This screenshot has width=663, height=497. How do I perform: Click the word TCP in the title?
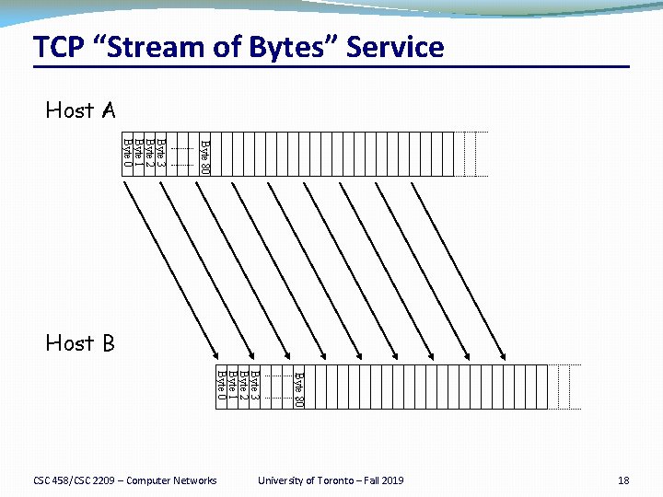tap(59, 47)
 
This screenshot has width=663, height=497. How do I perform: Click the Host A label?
tap(80, 111)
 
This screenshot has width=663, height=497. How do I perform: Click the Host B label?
tap(80, 344)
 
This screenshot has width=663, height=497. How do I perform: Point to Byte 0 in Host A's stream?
tap(127, 153)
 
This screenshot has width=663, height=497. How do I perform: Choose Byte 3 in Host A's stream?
tap(160, 153)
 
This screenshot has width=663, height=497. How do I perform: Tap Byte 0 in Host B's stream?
tap(220, 386)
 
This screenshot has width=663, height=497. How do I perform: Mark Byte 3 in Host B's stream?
tap(254, 386)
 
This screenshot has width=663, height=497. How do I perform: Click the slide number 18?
tap(623, 480)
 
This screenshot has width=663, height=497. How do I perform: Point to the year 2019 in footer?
tap(390, 480)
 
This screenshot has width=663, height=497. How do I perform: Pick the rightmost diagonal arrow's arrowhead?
tap(504, 354)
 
